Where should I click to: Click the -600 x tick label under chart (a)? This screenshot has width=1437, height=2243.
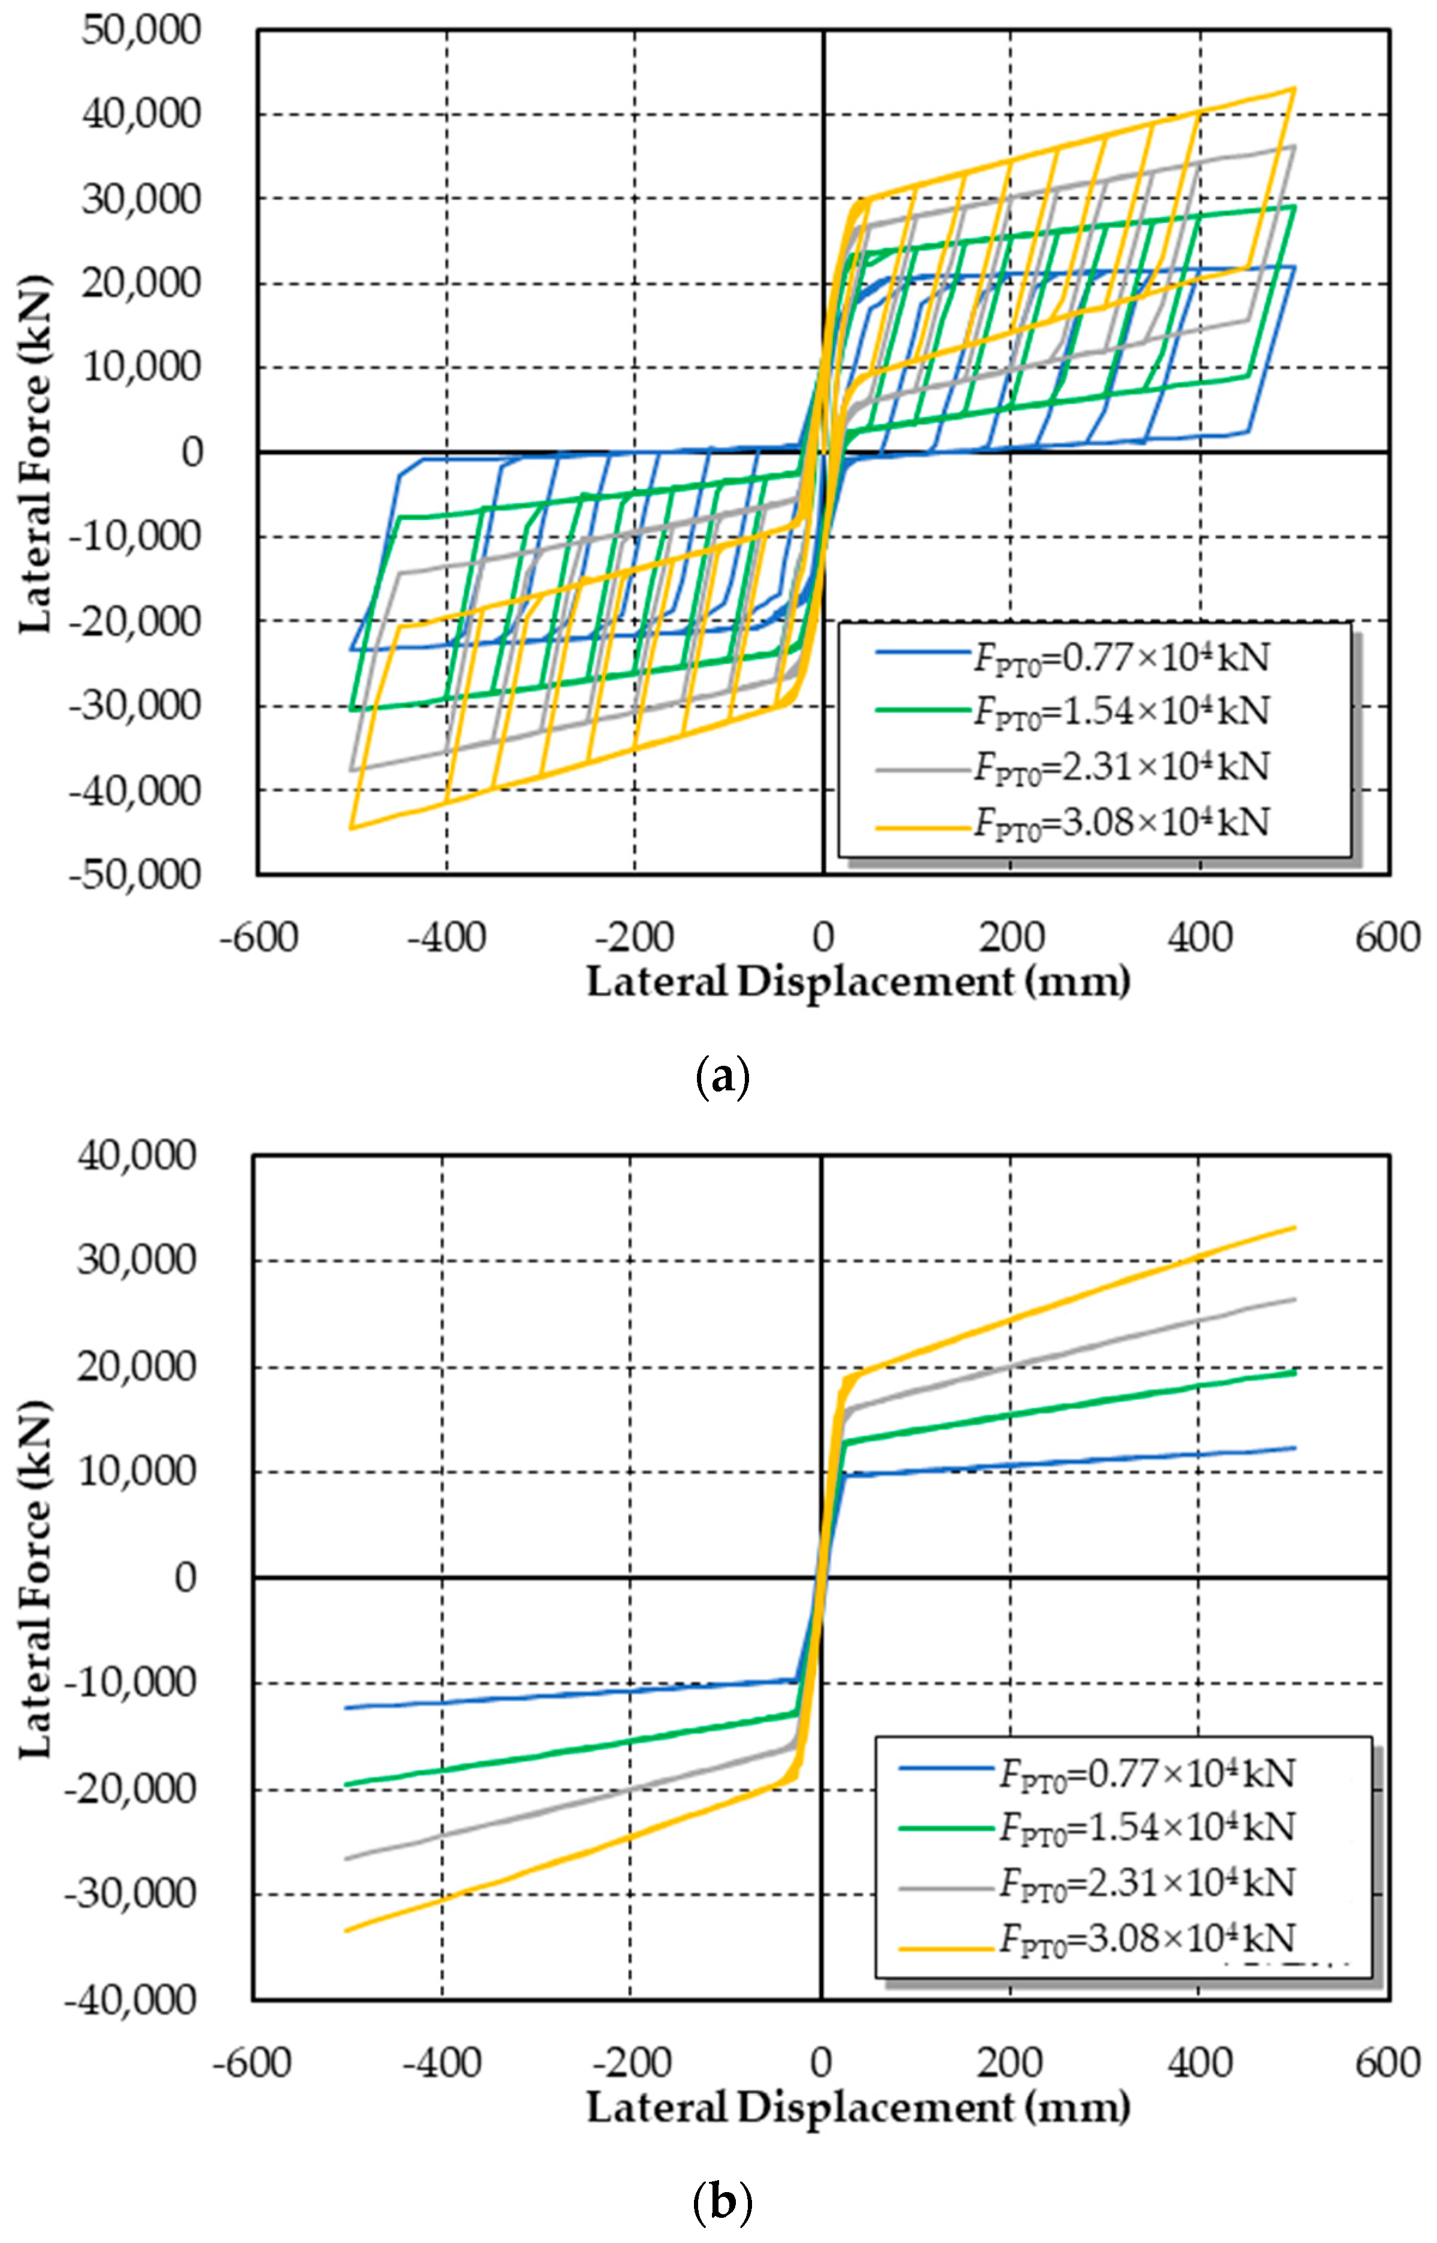pyautogui.click(x=259, y=936)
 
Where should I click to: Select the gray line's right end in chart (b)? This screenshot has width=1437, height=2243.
pyautogui.click(x=1295, y=1298)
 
